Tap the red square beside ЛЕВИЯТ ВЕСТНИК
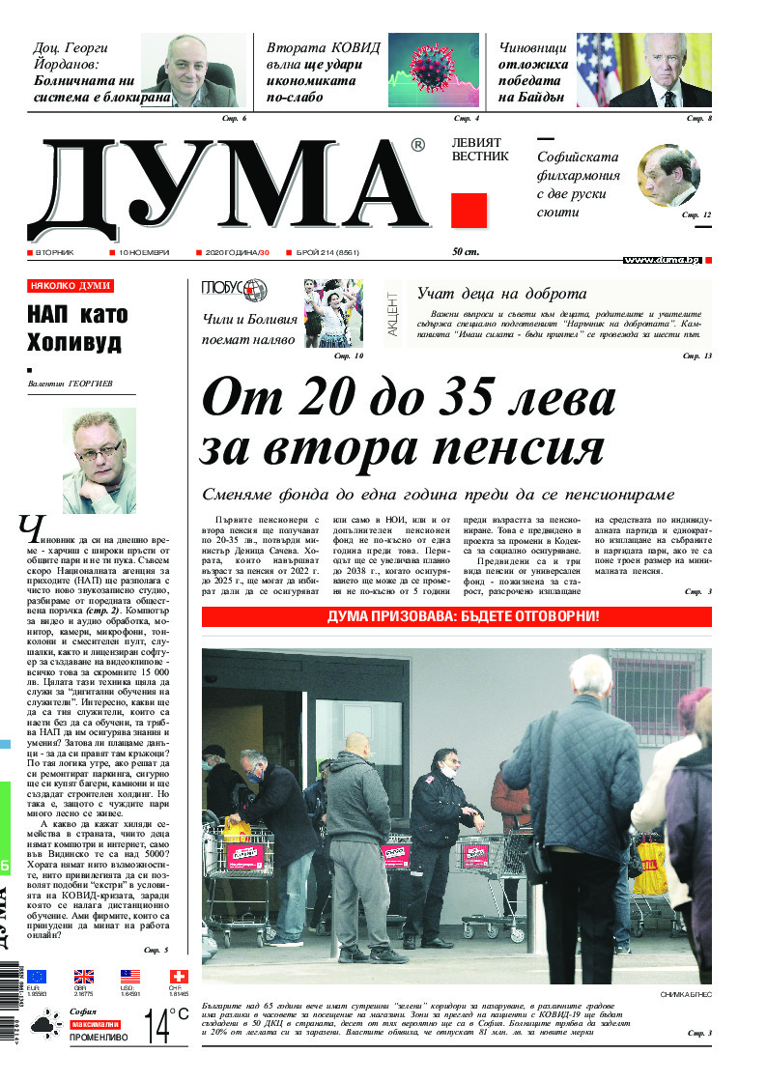(x=469, y=211)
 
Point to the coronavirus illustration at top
(x=433, y=70)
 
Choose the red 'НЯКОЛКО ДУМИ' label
(x=71, y=286)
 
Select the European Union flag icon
(x=37, y=976)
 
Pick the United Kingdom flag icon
(x=84, y=976)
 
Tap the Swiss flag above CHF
(x=178, y=976)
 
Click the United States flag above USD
(x=130, y=976)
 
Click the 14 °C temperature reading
(x=164, y=1024)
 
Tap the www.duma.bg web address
(x=662, y=260)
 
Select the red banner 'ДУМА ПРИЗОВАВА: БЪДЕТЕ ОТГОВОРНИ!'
(x=456, y=616)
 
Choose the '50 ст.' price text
(x=467, y=252)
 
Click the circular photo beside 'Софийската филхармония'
(x=668, y=176)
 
